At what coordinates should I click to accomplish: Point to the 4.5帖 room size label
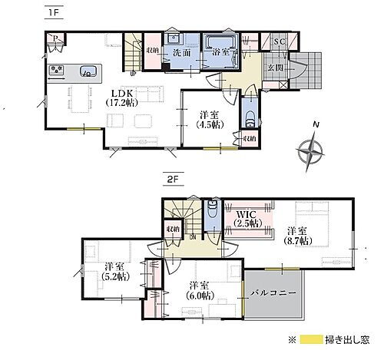coord(208,122)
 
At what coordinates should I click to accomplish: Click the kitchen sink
coord(85,72)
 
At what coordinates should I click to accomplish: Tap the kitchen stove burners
coord(57,72)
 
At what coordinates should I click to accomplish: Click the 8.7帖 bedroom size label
coord(299,239)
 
